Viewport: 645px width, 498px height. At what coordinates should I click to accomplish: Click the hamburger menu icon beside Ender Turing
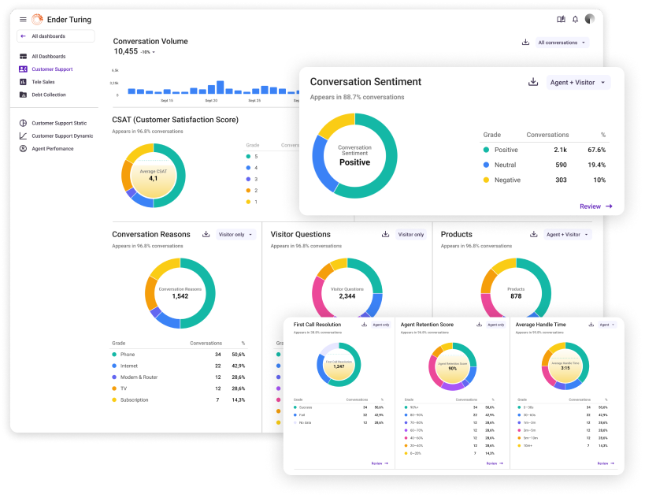[x=23, y=20]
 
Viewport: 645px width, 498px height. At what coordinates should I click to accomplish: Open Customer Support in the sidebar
[x=52, y=69]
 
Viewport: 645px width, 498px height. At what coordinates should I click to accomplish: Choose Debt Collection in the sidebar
[x=49, y=95]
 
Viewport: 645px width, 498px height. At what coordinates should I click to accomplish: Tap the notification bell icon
[x=575, y=20]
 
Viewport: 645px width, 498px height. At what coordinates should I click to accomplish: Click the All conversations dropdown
[x=562, y=43]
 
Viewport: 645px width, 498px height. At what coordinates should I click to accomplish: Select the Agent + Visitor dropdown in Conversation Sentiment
[x=579, y=83]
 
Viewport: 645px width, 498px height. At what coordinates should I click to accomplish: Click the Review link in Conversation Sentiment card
[x=595, y=206]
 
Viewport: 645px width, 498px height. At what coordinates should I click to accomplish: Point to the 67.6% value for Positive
[x=596, y=150]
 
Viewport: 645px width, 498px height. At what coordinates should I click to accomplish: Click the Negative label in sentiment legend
[x=506, y=180]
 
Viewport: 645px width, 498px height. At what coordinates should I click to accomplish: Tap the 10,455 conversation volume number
[x=125, y=51]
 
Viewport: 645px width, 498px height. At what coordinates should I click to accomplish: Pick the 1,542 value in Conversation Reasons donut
[x=180, y=296]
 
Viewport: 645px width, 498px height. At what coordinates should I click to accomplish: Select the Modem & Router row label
[x=139, y=377]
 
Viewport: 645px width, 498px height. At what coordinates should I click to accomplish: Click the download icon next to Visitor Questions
[x=385, y=234]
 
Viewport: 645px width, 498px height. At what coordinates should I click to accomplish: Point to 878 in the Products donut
[x=516, y=296]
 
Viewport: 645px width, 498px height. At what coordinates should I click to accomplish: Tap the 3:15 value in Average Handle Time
[x=565, y=367]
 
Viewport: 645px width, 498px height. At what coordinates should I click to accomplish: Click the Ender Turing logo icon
[x=37, y=20]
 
